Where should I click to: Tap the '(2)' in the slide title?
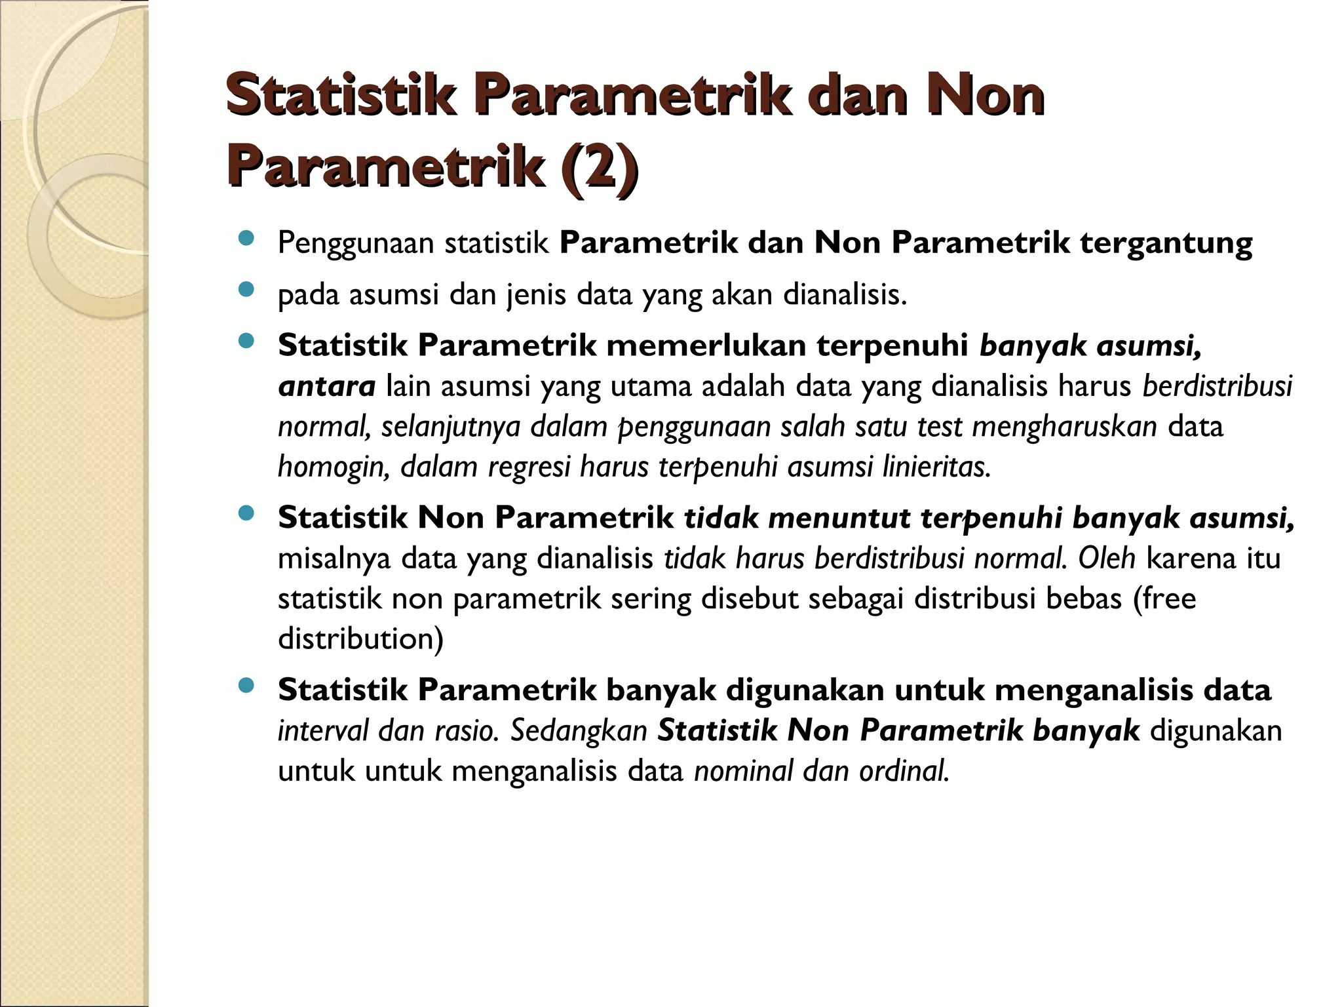(598, 168)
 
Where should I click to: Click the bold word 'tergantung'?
(1166, 243)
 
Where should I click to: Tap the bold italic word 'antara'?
(326, 386)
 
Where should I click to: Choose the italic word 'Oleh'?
(1107, 559)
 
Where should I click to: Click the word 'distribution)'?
(360, 639)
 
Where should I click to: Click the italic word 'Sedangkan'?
(579, 730)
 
